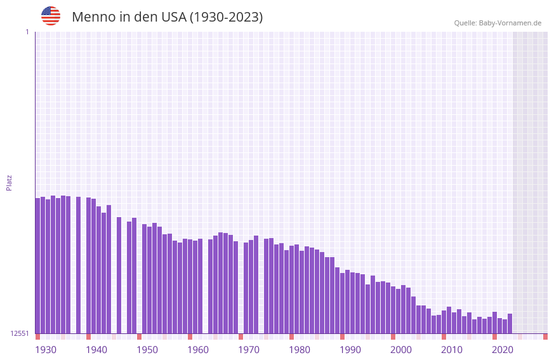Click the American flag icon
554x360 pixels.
click(51, 16)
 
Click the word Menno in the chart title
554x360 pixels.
click(93, 17)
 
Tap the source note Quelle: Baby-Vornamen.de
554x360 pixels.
click(498, 23)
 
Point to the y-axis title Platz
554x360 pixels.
click(9, 182)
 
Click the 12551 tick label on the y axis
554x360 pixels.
click(20, 333)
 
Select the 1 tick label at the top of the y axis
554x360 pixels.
click(27, 32)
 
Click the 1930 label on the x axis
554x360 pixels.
click(46, 350)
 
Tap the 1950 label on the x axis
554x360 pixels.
click(147, 350)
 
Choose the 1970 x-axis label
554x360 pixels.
click(249, 350)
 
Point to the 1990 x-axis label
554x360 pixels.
click(350, 350)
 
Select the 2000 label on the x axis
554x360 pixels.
click(401, 350)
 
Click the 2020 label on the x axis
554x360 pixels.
click(503, 350)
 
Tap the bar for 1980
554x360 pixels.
click(297, 289)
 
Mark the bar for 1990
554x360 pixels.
click(348, 302)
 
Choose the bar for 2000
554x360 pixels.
click(399, 311)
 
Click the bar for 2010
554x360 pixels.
click(449, 320)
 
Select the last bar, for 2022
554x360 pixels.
click(510, 323)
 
